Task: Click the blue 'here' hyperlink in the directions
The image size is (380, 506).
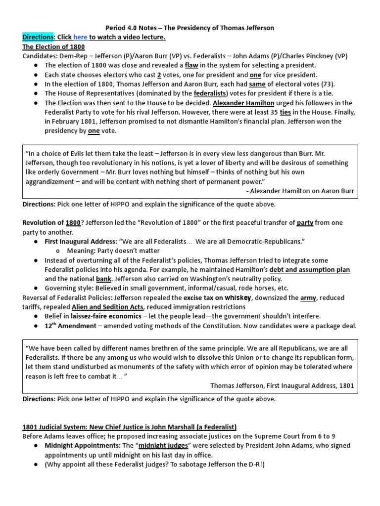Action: (80, 38)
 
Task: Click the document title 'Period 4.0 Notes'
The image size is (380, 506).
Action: (133, 28)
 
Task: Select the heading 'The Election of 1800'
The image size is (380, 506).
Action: (53, 47)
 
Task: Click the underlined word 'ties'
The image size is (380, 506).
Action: (286, 112)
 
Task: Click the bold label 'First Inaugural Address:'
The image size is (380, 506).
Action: (81, 241)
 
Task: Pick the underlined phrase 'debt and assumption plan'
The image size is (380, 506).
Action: (310, 269)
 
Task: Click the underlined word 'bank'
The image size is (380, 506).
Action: (104, 279)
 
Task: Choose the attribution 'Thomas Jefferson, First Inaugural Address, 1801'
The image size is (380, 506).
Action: (282, 385)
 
